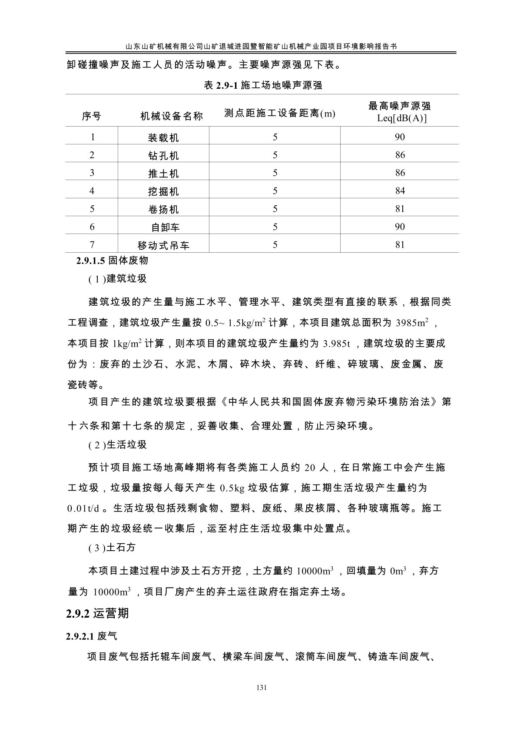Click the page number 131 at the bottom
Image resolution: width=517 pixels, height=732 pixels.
pos(261,688)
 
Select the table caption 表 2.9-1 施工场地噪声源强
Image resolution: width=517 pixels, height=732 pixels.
pos(263,85)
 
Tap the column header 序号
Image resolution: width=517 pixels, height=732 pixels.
pos(92,116)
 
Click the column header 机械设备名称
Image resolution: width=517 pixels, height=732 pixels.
pos(172,116)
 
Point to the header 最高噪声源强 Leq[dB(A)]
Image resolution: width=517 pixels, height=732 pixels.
pos(399,112)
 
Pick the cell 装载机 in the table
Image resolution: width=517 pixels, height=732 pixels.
pos(163,138)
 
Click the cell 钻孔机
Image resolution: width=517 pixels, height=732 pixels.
pos(163,156)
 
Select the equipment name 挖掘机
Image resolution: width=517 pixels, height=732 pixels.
pos(163,191)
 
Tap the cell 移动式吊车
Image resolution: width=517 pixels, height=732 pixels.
pos(163,245)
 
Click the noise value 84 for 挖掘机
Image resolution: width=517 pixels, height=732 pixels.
pos(400,191)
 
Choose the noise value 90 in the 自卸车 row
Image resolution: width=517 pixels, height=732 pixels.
pos(400,227)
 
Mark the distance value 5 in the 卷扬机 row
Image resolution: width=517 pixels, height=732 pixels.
pos(275,209)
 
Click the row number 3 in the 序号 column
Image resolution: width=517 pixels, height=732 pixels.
pos(92,173)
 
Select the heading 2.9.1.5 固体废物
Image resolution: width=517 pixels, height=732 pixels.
pos(112,261)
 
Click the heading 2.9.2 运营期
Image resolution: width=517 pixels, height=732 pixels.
pos(97,613)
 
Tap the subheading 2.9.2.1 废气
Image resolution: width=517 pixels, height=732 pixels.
pos(91,636)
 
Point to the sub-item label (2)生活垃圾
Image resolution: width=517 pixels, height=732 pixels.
pos(117,445)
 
